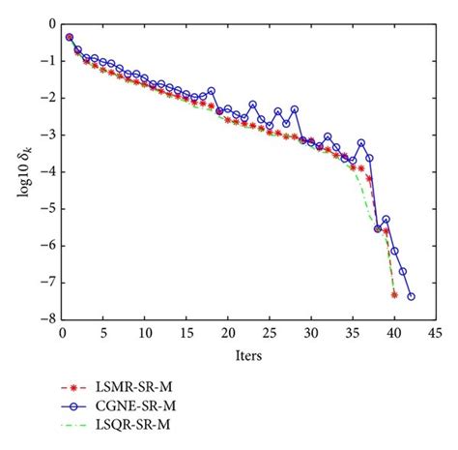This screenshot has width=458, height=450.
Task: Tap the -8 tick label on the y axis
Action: click(x=43, y=320)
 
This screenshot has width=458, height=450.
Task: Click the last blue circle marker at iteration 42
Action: click(x=411, y=297)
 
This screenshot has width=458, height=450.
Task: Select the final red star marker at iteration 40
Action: click(x=394, y=294)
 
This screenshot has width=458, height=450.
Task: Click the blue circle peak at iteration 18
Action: click(x=211, y=91)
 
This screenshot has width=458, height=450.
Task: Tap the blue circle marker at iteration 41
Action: click(x=403, y=271)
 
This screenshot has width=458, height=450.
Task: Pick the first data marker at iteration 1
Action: click(x=70, y=37)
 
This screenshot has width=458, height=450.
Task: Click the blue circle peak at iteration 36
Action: click(x=361, y=143)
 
